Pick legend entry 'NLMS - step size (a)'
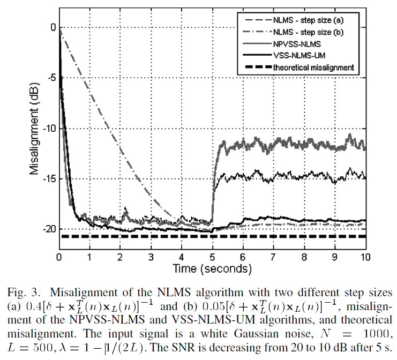308,20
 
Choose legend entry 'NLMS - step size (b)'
308,32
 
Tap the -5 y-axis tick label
50,78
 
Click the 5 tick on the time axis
212,256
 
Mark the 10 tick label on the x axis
365,256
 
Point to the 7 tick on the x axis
274,256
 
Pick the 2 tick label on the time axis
120,256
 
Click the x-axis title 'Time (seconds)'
212,267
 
